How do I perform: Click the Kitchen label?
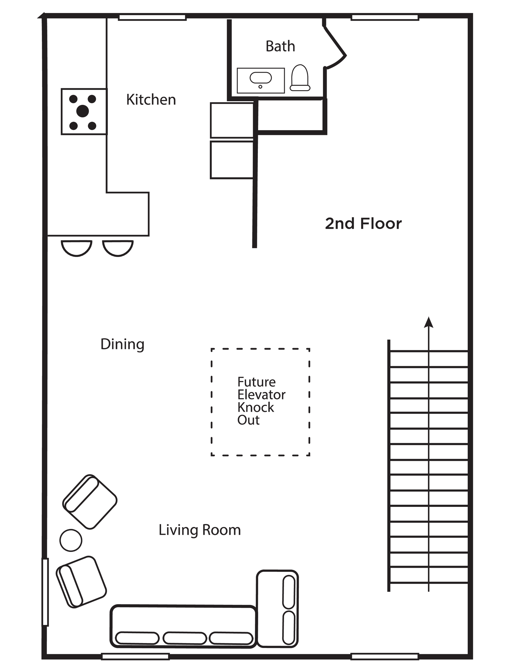pos(151,100)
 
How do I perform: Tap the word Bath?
pos(280,46)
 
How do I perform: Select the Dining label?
pos(122,344)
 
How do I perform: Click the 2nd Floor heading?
pos(363,224)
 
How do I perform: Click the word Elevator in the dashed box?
pos(261,395)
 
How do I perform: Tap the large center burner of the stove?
pos(82,111)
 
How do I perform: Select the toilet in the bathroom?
pos(300,78)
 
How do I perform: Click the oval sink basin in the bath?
pos(260,78)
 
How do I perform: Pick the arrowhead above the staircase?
pos(428,323)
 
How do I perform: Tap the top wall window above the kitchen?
pos(152,18)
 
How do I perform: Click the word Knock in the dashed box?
pos(256,408)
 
